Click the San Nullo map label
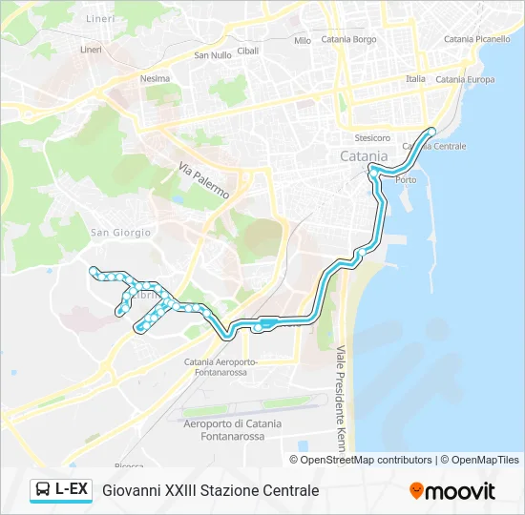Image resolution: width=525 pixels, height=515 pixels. [x=213, y=55]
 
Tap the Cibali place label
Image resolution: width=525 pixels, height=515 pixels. [x=248, y=51]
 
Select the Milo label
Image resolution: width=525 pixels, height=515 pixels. [x=303, y=41]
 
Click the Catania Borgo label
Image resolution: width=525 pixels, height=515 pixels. [x=348, y=40]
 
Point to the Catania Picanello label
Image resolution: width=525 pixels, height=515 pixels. [x=477, y=39]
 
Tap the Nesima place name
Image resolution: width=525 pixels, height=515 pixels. [x=155, y=79]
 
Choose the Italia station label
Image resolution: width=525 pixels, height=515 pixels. [x=416, y=79]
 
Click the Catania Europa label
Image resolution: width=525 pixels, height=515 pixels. [x=465, y=80]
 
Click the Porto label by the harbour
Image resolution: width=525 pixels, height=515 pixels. [x=406, y=179]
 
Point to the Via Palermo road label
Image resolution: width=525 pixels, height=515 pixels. [x=203, y=178]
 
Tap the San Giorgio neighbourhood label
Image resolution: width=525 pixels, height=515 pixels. [x=120, y=233]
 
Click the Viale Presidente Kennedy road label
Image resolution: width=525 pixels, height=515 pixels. [x=339, y=399]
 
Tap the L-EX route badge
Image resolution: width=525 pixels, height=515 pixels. [x=61, y=490]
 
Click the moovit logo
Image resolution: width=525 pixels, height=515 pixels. [x=452, y=490]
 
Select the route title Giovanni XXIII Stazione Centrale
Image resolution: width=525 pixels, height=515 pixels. [x=210, y=490]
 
